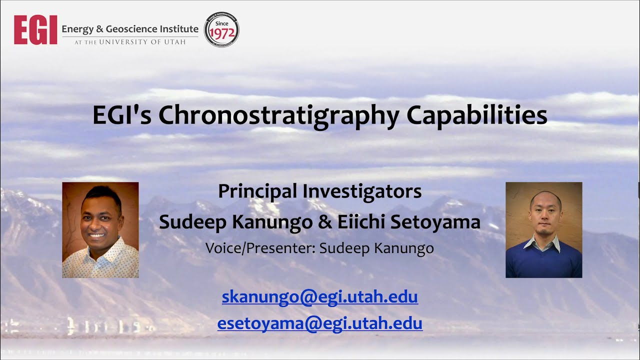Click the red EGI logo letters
click(35, 30)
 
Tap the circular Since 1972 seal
click(221, 30)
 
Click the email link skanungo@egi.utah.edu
click(320, 297)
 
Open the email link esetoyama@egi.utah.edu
click(320, 323)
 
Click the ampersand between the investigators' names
click(326, 221)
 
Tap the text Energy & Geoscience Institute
click(130, 29)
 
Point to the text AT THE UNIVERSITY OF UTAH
click(130, 42)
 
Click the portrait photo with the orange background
click(100, 230)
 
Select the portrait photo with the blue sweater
click(544, 230)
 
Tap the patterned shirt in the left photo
click(100, 262)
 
